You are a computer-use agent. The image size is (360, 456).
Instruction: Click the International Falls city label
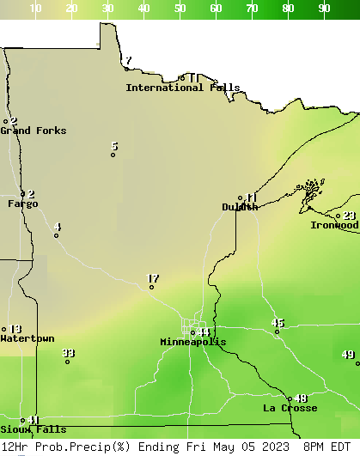(182, 88)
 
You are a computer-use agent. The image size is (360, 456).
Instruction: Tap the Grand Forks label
(33, 131)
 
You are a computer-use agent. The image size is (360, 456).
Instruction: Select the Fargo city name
(22, 204)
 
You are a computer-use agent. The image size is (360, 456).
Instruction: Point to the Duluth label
(240, 207)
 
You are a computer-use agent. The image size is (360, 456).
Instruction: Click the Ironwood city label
(334, 225)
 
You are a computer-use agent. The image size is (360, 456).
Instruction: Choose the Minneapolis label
(192, 342)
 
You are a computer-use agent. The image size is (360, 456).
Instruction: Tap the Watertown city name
(27, 338)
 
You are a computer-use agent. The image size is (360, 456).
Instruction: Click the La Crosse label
(290, 408)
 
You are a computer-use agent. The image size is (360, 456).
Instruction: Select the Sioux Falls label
(33, 429)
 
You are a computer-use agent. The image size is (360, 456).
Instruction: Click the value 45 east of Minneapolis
(278, 323)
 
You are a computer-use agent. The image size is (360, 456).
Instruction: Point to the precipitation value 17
(153, 278)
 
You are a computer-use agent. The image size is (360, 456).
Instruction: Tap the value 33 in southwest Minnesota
(69, 353)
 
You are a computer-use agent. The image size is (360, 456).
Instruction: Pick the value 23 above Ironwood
(350, 216)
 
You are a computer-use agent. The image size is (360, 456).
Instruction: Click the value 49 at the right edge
(348, 355)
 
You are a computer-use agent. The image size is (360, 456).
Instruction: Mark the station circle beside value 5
(113, 155)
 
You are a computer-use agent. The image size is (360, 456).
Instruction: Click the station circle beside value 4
(56, 235)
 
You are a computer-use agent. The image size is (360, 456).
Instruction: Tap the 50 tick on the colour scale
(180, 9)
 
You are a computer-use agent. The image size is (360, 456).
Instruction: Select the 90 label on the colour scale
(324, 9)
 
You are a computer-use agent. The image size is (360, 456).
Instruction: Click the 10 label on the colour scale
(35, 9)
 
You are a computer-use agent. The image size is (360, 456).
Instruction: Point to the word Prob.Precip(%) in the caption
(78, 447)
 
